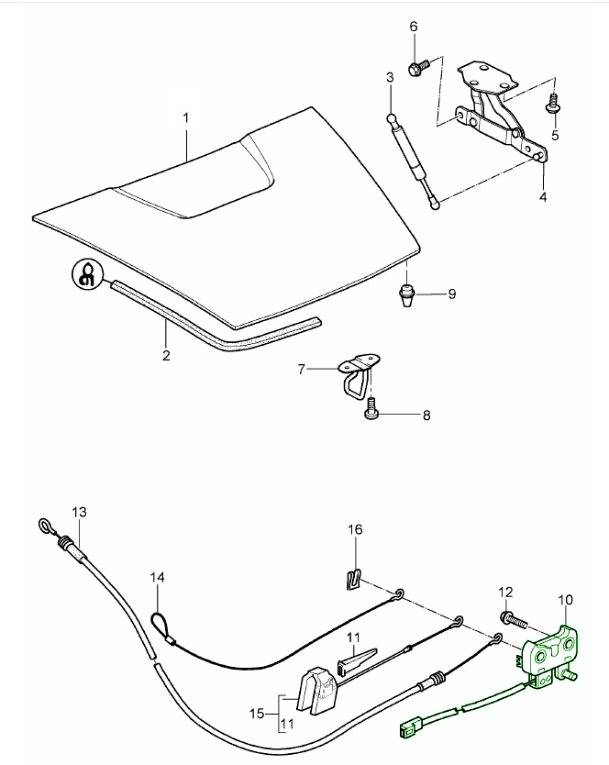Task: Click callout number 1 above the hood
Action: (x=186, y=118)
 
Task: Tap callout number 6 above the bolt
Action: (x=413, y=27)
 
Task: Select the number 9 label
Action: (x=451, y=294)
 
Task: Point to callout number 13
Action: (x=78, y=511)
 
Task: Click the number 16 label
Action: (x=355, y=529)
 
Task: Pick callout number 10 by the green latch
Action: (x=565, y=600)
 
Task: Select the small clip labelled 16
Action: (x=352, y=579)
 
